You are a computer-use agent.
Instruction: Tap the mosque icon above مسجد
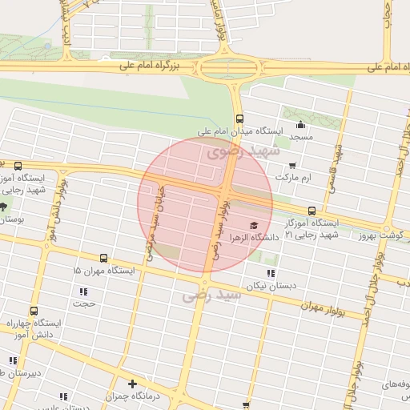pos(301,124)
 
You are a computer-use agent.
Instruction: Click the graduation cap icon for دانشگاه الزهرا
pos(254,226)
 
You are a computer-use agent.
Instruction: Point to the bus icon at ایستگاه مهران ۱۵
pos(103,259)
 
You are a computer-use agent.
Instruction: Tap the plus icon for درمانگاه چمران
pos(132,384)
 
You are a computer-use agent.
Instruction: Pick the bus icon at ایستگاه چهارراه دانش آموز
pos(34,311)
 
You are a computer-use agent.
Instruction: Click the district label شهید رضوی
pos(243,151)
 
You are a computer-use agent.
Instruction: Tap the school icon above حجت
pos(82,291)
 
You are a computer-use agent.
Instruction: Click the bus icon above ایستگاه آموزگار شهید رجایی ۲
pos(312,210)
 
